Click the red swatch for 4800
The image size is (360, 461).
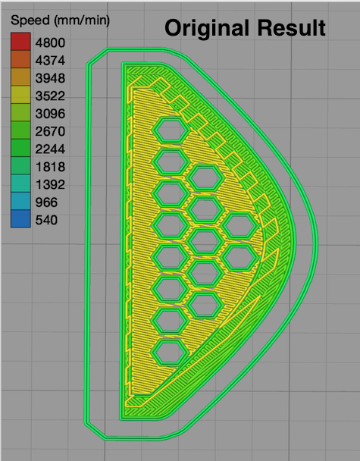20,42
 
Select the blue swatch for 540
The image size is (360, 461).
20,218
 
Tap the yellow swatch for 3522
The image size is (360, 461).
20,95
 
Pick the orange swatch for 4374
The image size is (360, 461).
20,59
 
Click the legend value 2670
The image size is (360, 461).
50,131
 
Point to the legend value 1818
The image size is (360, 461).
50,167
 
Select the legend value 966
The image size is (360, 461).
46,202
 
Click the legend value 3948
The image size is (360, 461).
50,78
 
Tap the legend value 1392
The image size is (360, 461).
50,184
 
